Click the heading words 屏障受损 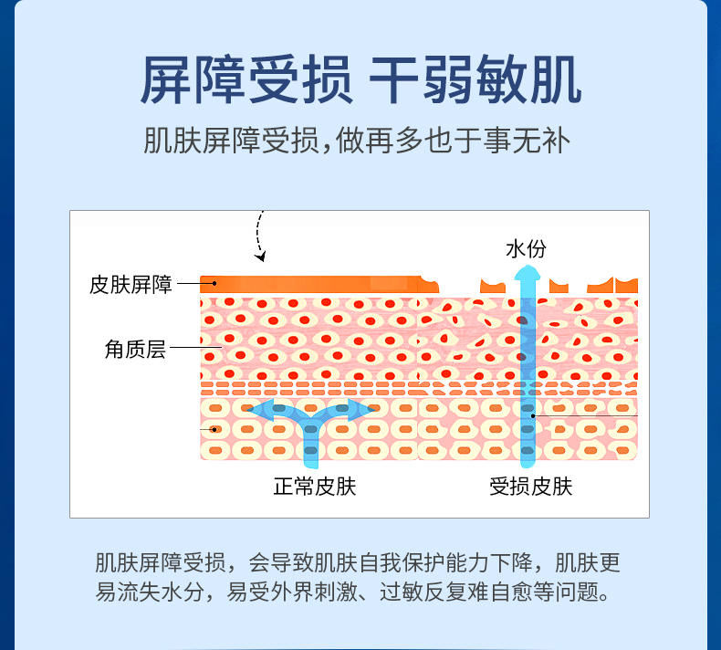(x=246, y=81)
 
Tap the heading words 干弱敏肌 (x=475, y=81)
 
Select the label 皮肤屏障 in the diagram (x=131, y=284)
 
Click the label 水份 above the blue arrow (x=526, y=249)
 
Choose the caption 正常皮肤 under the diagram (x=314, y=486)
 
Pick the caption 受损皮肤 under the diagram (x=530, y=486)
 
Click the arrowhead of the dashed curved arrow (x=262, y=257)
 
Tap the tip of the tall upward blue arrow (x=526, y=272)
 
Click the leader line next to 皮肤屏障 (x=188, y=284)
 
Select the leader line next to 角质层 (x=186, y=348)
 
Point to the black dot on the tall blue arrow (x=534, y=417)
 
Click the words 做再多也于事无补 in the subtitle (x=465, y=141)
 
